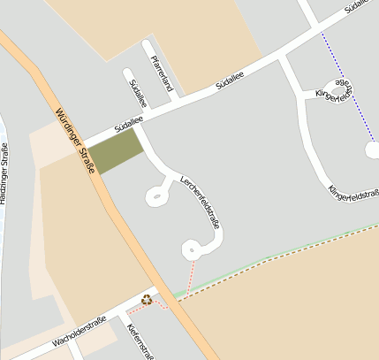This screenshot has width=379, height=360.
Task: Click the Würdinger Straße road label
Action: click(75, 140)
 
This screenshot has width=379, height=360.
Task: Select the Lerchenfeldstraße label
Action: click(201, 202)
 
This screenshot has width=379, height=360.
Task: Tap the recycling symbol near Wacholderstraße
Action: click(147, 300)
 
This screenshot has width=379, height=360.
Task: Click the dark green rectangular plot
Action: click(116, 152)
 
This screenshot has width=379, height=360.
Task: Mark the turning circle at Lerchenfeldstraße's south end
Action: click(191, 249)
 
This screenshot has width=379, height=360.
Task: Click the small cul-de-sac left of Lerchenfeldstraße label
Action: click(157, 195)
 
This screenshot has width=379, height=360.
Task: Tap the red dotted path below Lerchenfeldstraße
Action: click(189, 274)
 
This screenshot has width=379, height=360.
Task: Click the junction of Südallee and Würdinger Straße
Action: click(86, 143)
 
